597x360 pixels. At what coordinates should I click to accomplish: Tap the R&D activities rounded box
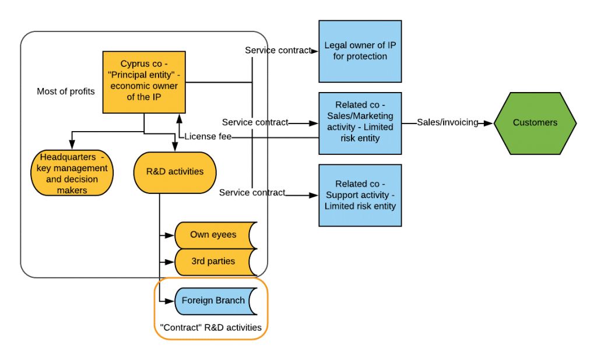[175, 172]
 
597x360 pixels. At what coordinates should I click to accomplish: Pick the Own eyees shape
[213, 235]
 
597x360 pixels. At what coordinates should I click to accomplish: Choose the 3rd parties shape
[213, 262]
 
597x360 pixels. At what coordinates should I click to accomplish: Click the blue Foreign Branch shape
[213, 301]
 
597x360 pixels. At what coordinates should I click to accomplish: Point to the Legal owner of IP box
[359, 51]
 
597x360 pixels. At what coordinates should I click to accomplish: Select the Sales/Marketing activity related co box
[359, 123]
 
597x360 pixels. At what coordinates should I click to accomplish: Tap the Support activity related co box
[359, 195]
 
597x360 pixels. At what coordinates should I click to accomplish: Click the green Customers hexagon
[535, 123]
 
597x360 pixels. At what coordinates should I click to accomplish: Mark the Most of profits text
[65, 91]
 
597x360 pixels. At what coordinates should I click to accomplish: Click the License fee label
[208, 137]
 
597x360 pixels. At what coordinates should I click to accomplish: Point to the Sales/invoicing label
[447, 122]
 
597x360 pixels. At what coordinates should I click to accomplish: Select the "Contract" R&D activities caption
[210, 327]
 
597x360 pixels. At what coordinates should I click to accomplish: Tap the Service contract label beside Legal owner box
[278, 51]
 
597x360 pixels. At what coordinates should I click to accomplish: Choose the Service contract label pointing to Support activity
[252, 193]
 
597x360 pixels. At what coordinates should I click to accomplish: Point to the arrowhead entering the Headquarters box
[72, 146]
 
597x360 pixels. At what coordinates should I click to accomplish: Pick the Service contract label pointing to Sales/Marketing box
[255, 122]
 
